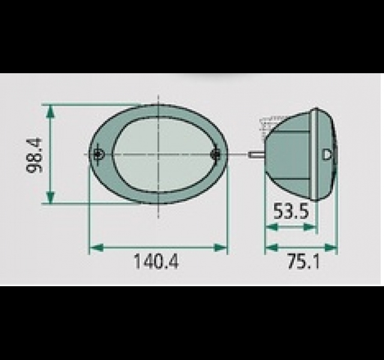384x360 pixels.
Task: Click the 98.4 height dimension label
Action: point(34,155)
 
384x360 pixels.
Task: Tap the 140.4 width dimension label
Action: point(156,262)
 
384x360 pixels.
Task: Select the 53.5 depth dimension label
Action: point(291,211)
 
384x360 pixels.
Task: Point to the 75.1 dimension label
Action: point(304,262)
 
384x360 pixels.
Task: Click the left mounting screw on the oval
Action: point(98,154)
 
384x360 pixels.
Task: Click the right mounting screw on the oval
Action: point(215,154)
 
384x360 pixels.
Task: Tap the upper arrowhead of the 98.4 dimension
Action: point(50,112)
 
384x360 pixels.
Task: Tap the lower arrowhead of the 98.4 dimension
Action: point(50,197)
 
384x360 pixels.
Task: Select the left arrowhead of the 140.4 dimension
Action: point(96,248)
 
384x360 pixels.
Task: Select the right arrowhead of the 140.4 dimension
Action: point(220,248)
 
